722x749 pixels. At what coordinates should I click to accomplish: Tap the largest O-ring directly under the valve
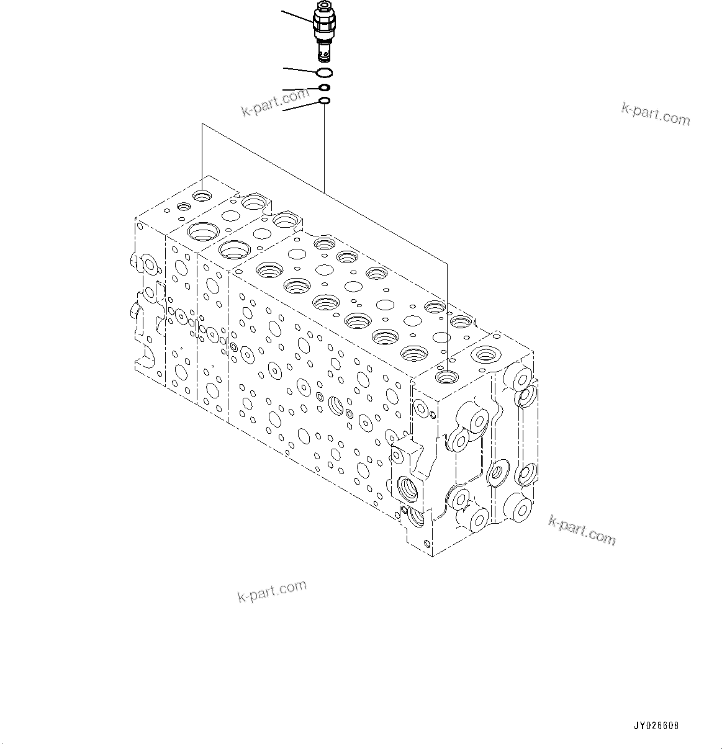pos(325,72)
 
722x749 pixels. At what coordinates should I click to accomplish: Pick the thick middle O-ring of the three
pos(325,88)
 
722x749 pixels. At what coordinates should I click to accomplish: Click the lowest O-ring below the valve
pos(325,101)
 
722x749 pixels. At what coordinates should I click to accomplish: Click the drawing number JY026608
pos(656,725)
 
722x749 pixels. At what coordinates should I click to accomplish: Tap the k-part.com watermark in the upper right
pos(656,114)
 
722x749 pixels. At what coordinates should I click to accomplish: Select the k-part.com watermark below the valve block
pos(272,591)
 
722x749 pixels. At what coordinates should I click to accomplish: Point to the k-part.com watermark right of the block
pos(582,531)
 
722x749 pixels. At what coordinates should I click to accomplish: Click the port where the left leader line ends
pos(202,196)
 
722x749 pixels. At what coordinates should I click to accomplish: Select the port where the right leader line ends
pos(446,376)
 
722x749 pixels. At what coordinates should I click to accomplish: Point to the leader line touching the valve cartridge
pos(298,17)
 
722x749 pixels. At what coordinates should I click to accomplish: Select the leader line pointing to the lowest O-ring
pos(300,107)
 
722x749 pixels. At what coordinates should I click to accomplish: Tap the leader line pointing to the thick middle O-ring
pos(300,89)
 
